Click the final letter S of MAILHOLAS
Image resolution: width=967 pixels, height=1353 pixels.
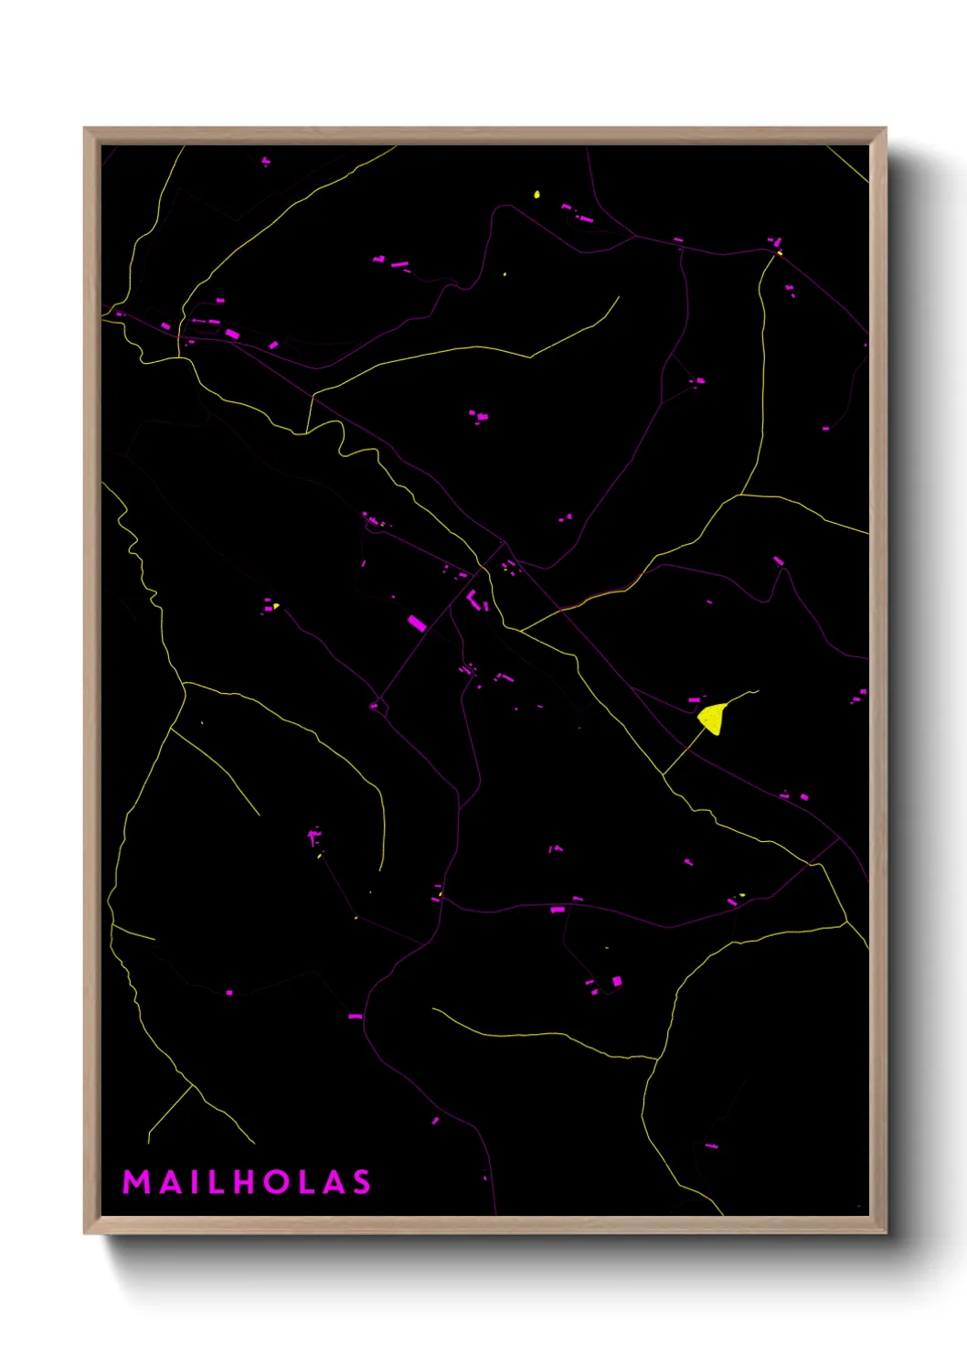pyautogui.click(x=362, y=1182)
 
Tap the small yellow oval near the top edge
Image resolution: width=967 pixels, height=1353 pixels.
pyautogui.click(x=537, y=194)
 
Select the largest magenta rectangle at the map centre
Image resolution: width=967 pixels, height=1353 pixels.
pyautogui.click(x=417, y=623)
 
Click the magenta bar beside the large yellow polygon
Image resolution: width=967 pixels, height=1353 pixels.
pyautogui.click(x=694, y=700)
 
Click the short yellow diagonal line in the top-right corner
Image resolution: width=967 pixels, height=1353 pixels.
pyautogui.click(x=849, y=165)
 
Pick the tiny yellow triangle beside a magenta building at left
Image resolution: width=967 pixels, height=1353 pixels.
pyautogui.click(x=275, y=605)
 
